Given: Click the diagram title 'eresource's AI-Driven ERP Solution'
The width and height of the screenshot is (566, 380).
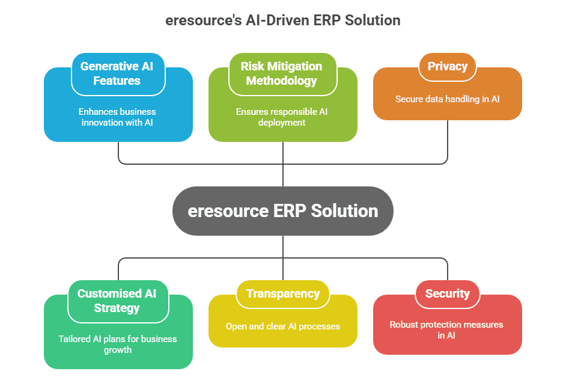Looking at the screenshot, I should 282,20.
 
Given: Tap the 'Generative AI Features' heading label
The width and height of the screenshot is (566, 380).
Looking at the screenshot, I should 117,73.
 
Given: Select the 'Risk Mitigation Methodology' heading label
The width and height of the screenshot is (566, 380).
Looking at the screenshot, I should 282,73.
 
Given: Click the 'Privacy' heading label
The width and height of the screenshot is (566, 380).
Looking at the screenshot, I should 447,66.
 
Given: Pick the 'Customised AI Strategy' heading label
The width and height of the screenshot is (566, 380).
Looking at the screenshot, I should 117,301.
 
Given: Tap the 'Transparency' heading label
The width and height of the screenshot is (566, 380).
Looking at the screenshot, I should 282,293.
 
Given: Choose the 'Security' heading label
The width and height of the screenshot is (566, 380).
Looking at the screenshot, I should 447,293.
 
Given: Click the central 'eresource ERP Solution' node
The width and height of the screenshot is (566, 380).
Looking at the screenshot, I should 282,211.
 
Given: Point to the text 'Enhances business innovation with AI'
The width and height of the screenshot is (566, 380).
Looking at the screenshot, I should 117,117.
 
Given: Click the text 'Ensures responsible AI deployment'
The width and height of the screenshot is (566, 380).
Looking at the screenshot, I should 282,117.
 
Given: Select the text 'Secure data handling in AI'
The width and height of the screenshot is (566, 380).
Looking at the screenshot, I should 447,99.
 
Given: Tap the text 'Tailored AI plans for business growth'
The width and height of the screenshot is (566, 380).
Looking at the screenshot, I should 117,344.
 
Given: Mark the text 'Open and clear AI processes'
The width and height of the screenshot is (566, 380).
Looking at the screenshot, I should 282,326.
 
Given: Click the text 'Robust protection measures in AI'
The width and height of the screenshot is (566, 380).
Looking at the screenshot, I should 447,329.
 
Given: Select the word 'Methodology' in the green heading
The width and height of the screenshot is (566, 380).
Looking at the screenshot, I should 282,81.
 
